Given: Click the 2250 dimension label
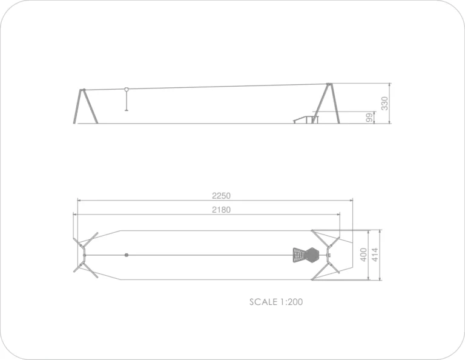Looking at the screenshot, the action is click(x=221, y=196).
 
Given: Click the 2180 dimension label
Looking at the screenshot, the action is click(x=221, y=210).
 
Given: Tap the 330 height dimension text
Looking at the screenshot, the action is click(x=384, y=103).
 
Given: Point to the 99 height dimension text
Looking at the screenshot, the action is click(x=369, y=118).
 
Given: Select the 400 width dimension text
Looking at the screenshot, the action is click(x=363, y=255).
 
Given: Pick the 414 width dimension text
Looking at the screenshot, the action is click(x=375, y=255).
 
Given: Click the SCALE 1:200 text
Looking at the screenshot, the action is click(x=276, y=302).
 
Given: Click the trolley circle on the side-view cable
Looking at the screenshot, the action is click(x=127, y=89).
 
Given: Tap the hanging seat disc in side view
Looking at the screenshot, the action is click(x=127, y=110).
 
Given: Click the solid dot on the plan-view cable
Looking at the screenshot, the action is click(x=127, y=255).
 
